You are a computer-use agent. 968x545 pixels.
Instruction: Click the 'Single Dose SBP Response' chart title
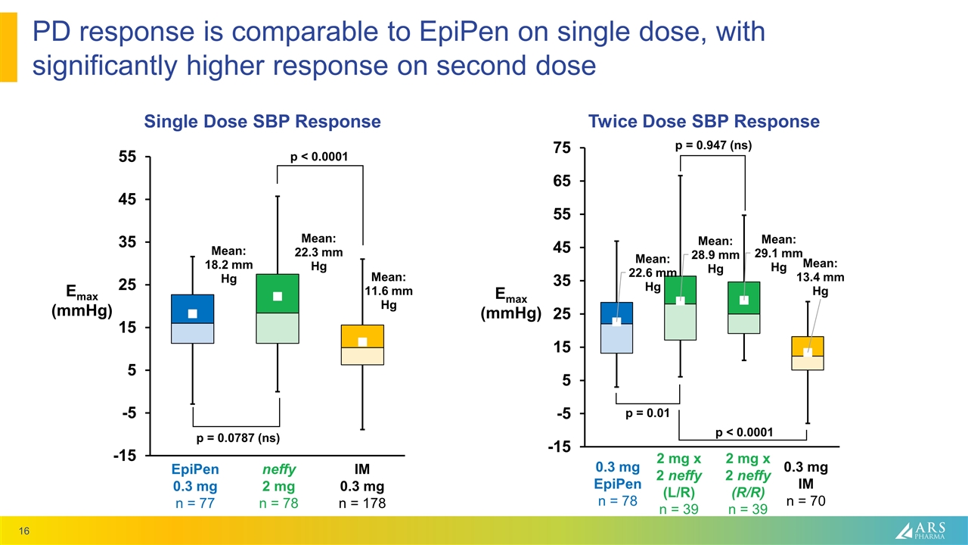point(262,121)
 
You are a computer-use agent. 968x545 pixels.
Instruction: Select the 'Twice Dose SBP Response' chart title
point(704,121)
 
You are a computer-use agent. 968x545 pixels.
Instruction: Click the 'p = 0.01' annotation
point(647,413)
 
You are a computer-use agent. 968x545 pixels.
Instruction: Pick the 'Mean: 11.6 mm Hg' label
point(389,291)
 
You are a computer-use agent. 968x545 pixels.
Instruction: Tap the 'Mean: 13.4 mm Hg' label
point(820,277)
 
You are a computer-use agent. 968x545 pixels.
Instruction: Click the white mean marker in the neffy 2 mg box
point(278,296)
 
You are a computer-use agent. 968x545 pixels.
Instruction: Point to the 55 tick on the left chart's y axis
point(126,157)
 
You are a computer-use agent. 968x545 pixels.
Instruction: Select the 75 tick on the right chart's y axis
point(560,148)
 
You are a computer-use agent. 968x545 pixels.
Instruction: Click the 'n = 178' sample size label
point(362,503)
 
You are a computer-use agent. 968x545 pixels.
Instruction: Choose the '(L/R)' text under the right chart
point(678,492)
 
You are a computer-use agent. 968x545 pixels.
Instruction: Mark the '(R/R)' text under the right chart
point(747,492)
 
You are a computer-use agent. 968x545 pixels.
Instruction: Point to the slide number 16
point(25,533)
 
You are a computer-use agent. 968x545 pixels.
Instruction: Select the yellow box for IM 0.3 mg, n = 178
point(362,344)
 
